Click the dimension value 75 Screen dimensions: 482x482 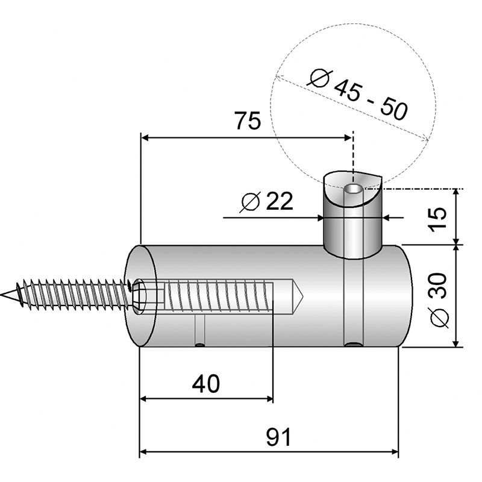[x=248, y=120]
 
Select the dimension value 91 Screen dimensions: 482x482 [x=278, y=437]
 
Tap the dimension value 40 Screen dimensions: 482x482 [x=206, y=384]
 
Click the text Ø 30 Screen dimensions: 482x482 [x=439, y=300]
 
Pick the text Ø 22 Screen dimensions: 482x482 [x=266, y=202]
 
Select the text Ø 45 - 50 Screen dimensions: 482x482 [x=358, y=95]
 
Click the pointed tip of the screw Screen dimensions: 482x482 [x=2, y=295]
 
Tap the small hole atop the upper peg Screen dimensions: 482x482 [x=354, y=188]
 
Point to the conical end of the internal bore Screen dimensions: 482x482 [x=297, y=296]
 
